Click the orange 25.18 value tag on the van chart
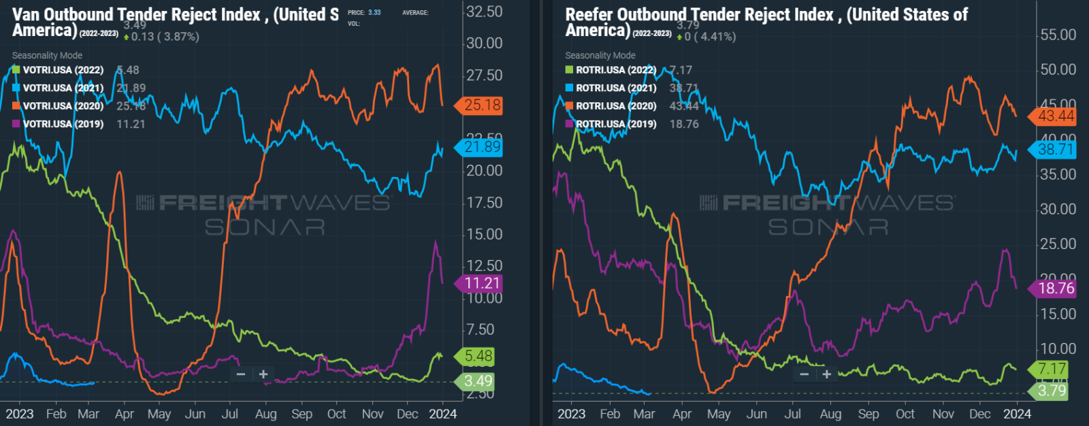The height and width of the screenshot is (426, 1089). click(483, 105)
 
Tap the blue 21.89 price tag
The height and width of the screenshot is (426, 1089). click(483, 147)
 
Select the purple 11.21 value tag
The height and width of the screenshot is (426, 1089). click(483, 283)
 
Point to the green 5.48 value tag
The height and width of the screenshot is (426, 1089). click(478, 356)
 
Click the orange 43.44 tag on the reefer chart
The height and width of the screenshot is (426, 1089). click(1056, 116)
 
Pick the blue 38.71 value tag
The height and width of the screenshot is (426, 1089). click(1056, 149)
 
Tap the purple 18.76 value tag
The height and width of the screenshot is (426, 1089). click(1056, 289)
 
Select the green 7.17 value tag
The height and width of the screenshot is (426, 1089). click(1052, 370)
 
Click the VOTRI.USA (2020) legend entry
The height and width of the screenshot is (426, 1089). click(63, 106)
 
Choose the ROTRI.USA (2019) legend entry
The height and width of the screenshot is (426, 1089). click(616, 124)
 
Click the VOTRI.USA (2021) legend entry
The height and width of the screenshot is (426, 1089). click(63, 88)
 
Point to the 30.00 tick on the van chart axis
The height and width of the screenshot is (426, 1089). click(484, 44)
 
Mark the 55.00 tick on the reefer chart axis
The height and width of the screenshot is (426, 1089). click(1058, 35)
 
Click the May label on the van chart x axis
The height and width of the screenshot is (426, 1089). click(159, 414)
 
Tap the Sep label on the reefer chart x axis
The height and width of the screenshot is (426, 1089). click(868, 414)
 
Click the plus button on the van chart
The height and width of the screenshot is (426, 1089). click(263, 374)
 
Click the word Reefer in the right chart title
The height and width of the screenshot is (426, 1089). click(589, 14)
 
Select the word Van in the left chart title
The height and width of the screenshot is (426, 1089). click(26, 14)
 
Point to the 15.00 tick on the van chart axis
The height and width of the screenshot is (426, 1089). click(484, 234)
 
